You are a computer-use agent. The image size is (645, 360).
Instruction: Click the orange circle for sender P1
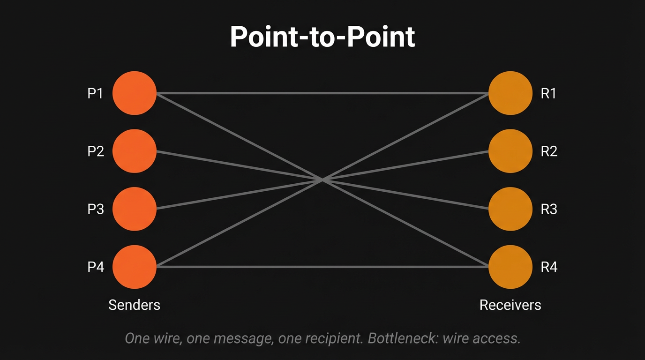(135, 93)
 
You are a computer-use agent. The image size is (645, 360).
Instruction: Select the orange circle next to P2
(135, 151)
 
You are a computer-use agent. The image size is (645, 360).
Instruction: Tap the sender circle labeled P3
(135, 209)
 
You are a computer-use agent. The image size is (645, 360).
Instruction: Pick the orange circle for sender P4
(135, 267)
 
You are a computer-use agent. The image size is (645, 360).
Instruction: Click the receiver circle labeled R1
(510, 93)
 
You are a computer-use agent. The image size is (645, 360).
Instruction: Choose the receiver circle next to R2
(510, 151)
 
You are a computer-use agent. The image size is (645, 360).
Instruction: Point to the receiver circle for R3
(510, 209)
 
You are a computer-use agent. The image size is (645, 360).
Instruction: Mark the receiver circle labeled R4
(510, 267)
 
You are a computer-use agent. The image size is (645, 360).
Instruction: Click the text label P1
(95, 93)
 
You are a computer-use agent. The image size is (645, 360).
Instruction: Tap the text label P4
(95, 267)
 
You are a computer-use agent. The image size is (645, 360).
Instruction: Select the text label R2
(548, 151)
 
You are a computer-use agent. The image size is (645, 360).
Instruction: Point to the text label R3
(548, 209)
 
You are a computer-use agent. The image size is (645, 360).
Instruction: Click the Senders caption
(134, 305)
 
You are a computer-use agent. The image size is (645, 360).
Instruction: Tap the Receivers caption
(510, 305)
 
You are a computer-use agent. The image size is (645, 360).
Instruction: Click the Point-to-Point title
(322, 37)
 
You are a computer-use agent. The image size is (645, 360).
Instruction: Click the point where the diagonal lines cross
(322, 179)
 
